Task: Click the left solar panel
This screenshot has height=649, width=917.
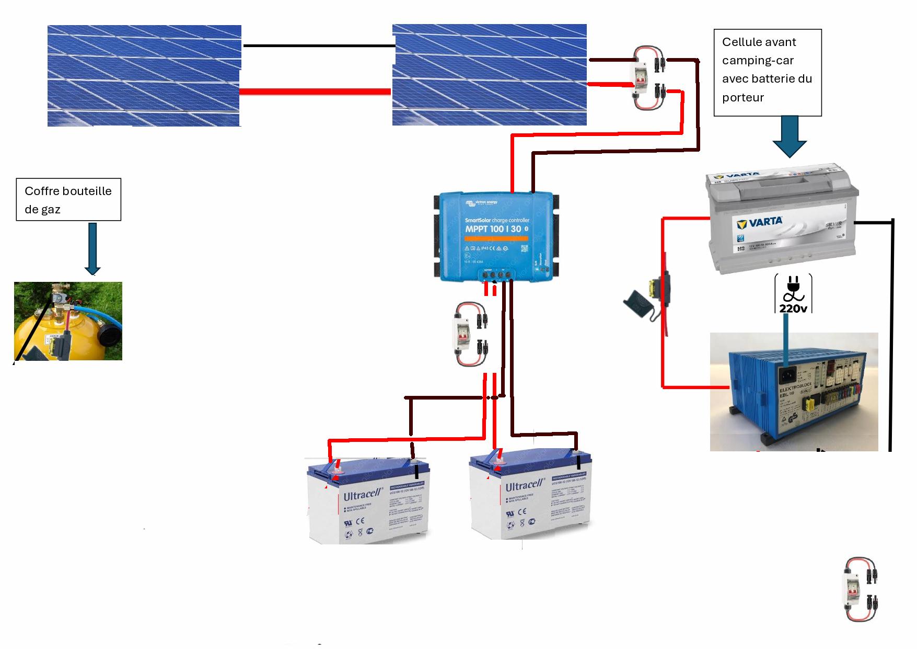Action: pos(144,75)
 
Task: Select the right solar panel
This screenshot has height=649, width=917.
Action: pos(489,74)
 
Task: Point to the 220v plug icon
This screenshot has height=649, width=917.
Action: pos(793,294)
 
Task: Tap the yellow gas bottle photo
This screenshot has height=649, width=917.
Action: pos(68,321)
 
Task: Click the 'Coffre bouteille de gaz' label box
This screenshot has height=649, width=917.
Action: pos(68,200)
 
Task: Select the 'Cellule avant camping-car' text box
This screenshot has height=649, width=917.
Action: pos(767,72)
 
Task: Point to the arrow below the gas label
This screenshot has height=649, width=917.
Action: pos(92,248)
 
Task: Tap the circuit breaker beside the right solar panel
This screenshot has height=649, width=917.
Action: pos(646,78)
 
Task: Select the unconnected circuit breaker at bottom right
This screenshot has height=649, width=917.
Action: pos(860,589)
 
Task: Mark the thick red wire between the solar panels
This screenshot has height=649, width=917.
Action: pos(316,92)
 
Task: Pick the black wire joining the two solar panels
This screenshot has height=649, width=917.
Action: pos(319,46)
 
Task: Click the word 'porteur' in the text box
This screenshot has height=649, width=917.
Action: pos(742,97)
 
